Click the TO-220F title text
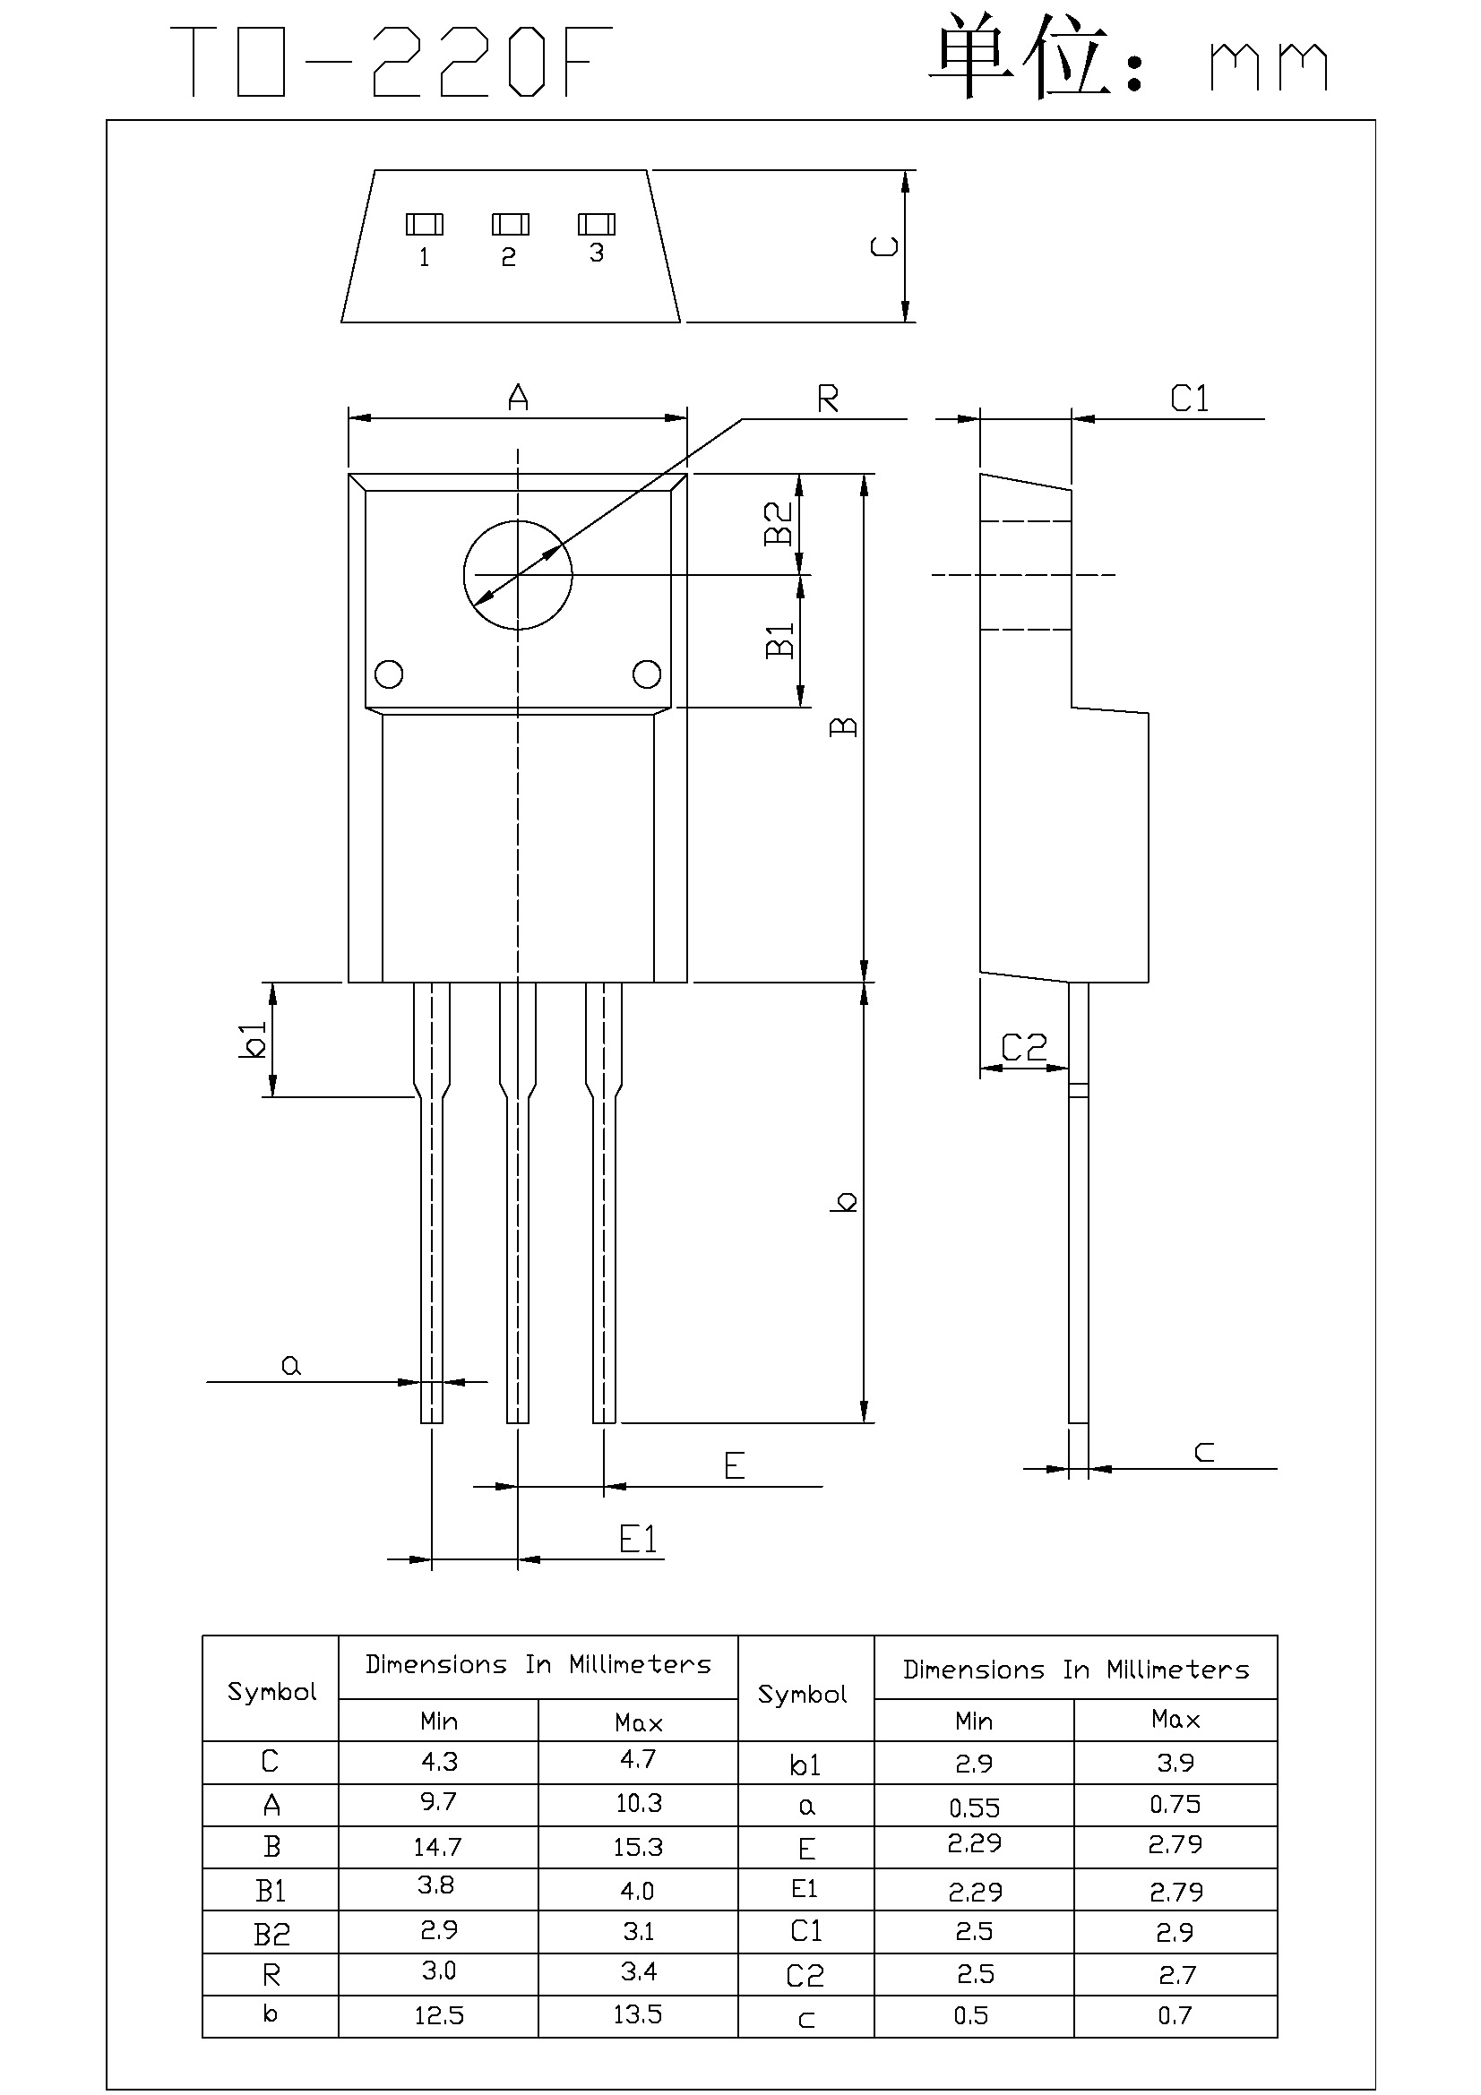tap(391, 62)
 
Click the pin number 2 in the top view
tap(509, 257)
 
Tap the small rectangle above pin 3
tap(597, 224)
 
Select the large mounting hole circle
tap(517, 575)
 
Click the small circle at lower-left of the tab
tap(390, 674)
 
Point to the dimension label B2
tap(779, 523)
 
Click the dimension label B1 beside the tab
tap(779, 640)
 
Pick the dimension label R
tap(828, 399)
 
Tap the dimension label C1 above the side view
tap(1189, 399)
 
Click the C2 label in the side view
tap(1024, 1048)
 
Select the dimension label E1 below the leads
tap(638, 1540)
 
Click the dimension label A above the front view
tap(517, 397)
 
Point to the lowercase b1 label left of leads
tap(252, 1039)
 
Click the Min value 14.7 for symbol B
tap(438, 1847)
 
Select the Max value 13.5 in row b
tap(637, 2013)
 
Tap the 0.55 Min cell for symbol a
tap(974, 1807)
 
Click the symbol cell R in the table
tap(271, 1975)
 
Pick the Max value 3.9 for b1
tap(1175, 1763)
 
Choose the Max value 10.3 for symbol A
tap(637, 1803)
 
